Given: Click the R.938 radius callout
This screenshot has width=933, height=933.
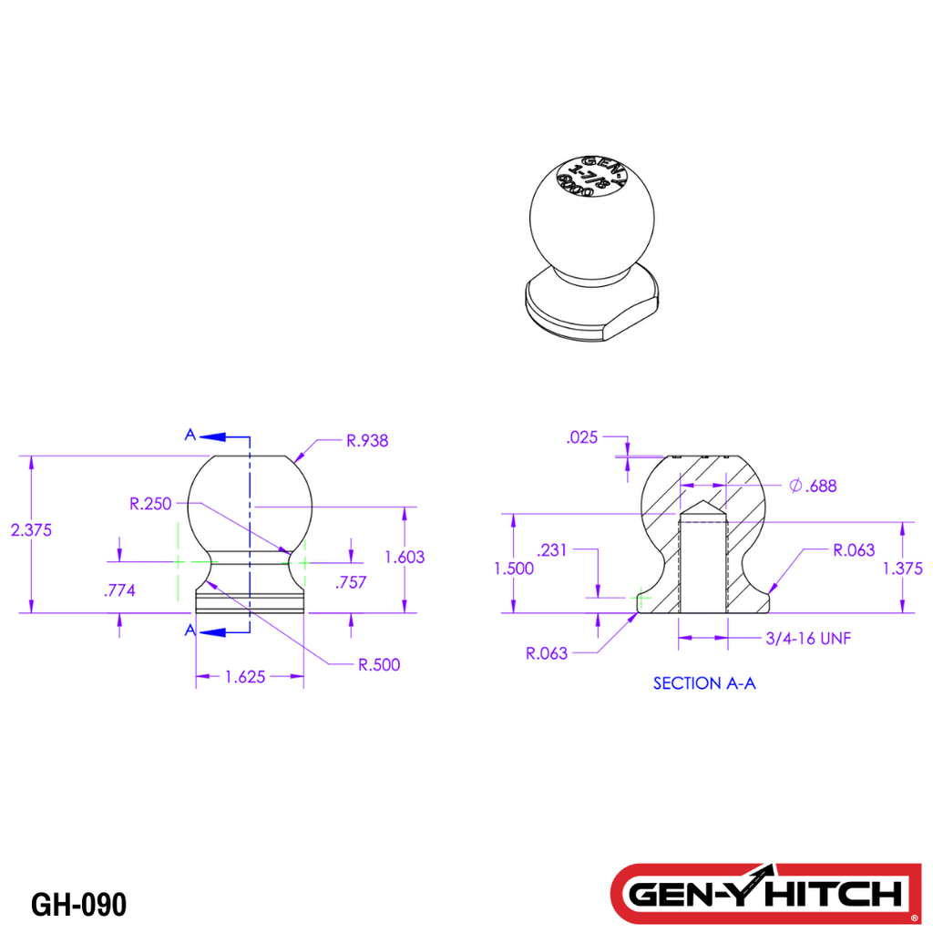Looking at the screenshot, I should (x=367, y=441).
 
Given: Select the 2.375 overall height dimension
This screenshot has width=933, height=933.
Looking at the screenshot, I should (x=31, y=529).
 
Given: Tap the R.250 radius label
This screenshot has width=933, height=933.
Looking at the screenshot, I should (x=150, y=503).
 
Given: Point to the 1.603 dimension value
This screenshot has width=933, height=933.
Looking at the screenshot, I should (x=405, y=557).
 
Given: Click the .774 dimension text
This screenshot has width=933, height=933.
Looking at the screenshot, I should (x=119, y=590).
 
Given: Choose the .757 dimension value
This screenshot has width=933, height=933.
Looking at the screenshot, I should (x=351, y=583).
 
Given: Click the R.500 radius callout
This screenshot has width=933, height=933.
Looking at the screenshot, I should (x=378, y=664).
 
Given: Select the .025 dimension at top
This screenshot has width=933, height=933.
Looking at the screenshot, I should (x=581, y=438).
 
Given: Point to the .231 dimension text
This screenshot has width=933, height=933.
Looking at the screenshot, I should (x=553, y=550).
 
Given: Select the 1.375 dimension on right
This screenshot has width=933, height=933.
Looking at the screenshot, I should (x=903, y=569).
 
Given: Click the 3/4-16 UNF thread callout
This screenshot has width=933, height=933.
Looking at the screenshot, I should (x=808, y=639).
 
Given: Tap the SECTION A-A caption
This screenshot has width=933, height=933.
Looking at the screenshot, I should (x=704, y=683).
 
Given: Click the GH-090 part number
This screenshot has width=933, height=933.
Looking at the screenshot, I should (x=78, y=905).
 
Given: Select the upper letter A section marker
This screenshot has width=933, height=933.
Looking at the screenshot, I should (x=190, y=436).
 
